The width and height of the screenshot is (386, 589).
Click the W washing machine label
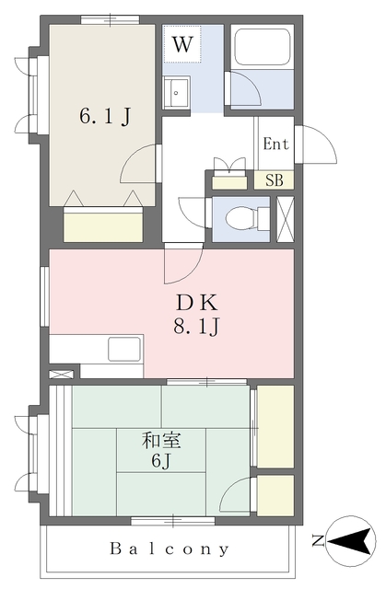pos(182,44)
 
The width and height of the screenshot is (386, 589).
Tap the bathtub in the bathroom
pos(262,47)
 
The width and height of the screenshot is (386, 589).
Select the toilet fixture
pos(248,218)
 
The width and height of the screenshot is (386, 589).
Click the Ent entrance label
pos(275,144)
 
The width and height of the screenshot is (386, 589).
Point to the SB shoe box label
pos(274,180)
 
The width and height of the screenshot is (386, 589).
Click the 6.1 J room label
pos(105,116)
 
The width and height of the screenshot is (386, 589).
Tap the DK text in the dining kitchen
pos(197,303)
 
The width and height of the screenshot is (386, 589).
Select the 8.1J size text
pos(196,327)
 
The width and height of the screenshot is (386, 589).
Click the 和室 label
pos(161,440)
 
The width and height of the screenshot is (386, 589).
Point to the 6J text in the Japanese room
pos(161,460)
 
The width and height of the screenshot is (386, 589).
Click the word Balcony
pos(170,549)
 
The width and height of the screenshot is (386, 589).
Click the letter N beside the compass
pos(318,540)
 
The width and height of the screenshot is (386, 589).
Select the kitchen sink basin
pos(124,349)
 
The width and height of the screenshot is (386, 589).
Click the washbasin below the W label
pos(176,92)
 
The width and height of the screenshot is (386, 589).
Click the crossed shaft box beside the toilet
pos(286,219)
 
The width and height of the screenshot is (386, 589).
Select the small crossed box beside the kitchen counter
pos(62,375)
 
